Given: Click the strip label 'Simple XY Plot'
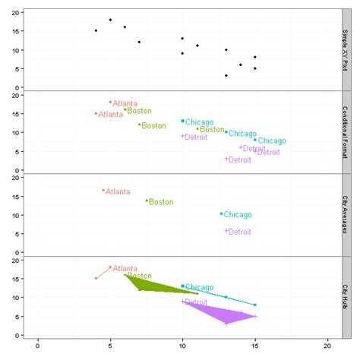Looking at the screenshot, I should pyautogui.click(x=348, y=49).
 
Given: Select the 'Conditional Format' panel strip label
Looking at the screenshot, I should pyautogui.click(x=348, y=132).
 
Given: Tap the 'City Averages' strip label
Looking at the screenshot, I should pyautogui.click(x=348, y=215).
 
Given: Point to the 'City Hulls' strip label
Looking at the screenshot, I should pyautogui.click(x=348, y=297).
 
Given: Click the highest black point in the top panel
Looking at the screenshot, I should pyautogui.click(x=110, y=20).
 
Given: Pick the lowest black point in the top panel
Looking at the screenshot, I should pyautogui.click(x=226, y=75).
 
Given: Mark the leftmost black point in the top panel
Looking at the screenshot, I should pyautogui.click(x=96, y=30).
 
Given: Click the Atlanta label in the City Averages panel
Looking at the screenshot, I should pyautogui.click(x=117, y=192).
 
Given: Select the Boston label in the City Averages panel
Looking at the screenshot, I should pyautogui.click(x=161, y=202).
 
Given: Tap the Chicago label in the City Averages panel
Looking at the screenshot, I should pyautogui.click(x=237, y=215).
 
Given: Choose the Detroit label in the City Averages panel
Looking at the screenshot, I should pyautogui.click(x=239, y=232).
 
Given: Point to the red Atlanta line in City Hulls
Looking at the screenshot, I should pyautogui.click(x=103, y=273).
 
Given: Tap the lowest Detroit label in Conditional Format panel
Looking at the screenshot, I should pyautogui.click(x=239, y=160).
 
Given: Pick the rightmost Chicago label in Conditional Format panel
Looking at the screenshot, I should pyautogui.click(x=271, y=141).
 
